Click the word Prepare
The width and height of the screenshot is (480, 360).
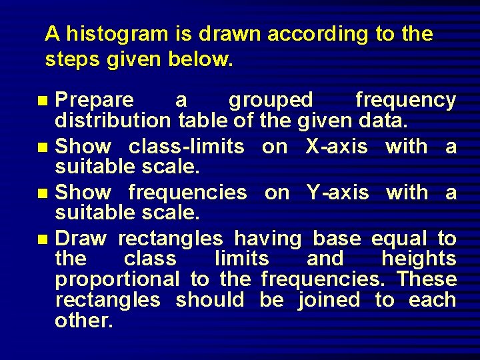pos(95,100)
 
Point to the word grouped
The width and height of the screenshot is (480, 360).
pos(271,100)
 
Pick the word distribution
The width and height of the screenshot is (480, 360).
pos(113,121)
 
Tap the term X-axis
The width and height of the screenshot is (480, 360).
pos(336,146)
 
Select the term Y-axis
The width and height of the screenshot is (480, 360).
pos(337,193)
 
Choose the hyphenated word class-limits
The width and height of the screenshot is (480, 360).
pos(186,146)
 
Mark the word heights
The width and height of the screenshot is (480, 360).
pos(419,259)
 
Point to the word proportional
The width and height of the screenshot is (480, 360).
pos(117,279)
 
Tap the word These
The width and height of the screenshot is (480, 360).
pos(427,279)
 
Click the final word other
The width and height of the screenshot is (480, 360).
pos(84,321)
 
